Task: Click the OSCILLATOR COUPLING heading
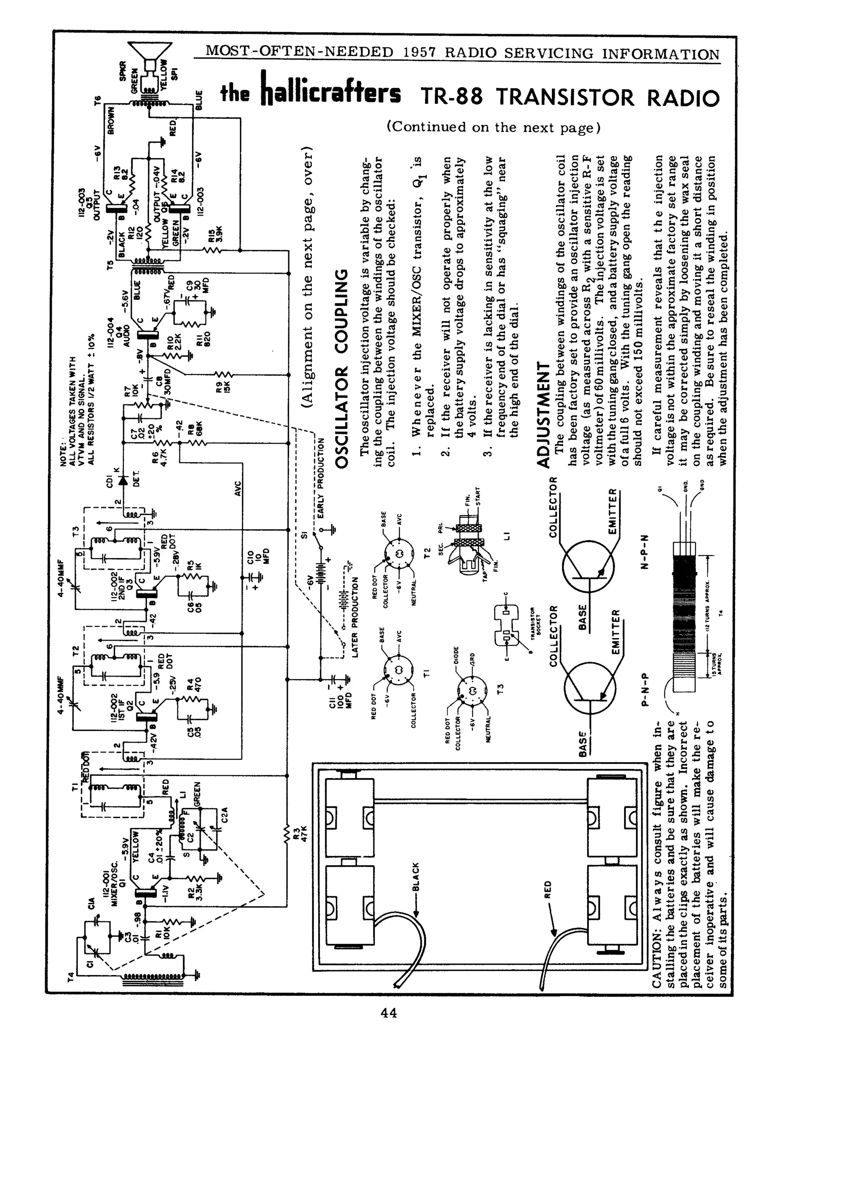point(342,368)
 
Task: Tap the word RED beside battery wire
point(548,889)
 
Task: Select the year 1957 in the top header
point(420,53)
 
